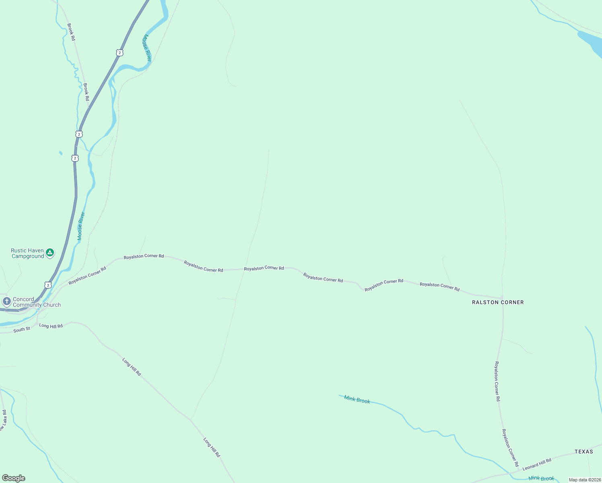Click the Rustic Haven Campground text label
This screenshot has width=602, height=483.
click(27, 253)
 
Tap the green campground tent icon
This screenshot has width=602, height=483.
click(49, 253)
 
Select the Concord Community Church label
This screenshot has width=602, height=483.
click(37, 302)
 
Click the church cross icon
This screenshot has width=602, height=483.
click(6, 301)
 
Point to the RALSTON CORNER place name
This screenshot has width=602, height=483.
click(498, 302)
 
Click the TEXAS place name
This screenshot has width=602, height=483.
click(583, 452)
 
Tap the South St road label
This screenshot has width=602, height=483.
click(22, 329)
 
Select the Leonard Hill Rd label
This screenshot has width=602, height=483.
click(537, 464)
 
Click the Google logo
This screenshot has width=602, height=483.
click(14, 478)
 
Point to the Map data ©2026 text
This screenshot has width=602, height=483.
click(585, 480)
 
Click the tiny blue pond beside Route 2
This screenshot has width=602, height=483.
click(61, 153)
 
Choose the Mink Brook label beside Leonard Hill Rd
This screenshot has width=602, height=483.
click(541, 478)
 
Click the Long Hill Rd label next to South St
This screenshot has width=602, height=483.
click(51, 326)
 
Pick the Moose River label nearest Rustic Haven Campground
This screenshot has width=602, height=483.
click(81, 226)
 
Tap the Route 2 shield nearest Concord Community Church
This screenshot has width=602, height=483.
click(48, 285)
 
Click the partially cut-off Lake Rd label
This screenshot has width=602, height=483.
click(3, 421)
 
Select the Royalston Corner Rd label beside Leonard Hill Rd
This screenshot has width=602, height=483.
click(510, 448)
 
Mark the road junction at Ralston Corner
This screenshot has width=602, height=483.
click(502, 298)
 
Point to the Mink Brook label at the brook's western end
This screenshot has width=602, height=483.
click(357, 400)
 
